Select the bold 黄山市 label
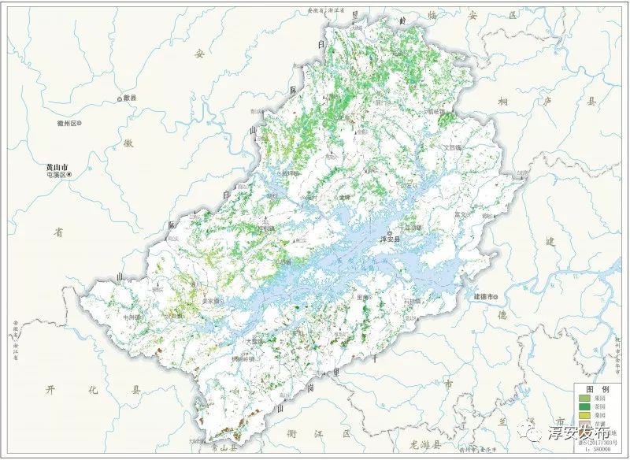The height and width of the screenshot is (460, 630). click(57, 168)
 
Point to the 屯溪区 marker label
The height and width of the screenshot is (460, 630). click(57, 176)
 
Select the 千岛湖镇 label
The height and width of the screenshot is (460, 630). click(410, 228)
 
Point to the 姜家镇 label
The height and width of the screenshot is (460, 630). click(213, 301)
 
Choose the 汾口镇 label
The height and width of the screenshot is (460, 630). click(173, 315)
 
